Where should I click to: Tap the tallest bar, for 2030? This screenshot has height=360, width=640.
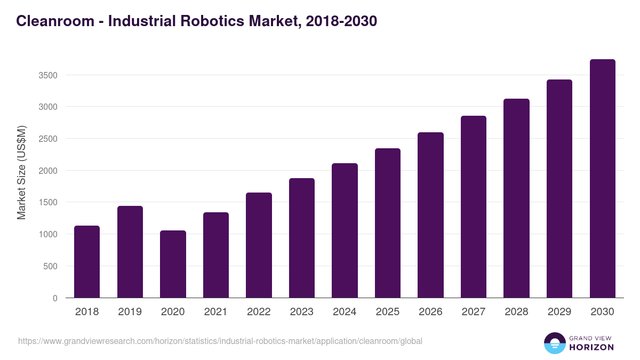[x=602, y=179]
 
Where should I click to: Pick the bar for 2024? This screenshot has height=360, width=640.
[x=345, y=230]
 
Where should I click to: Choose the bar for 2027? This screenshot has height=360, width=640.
[x=474, y=207]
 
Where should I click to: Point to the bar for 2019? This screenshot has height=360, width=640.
[x=130, y=252]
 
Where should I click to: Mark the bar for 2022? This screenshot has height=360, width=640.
[x=259, y=245]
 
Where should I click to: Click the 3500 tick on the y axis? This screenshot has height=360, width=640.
[x=47, y=75]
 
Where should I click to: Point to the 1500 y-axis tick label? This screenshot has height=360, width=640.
[x=47, y=203]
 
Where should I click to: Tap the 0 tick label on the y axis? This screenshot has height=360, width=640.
[x=55, y=298]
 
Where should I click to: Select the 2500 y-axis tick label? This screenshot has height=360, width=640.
[x=47, y=139]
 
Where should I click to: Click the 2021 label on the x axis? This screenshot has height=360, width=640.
[x=216, y=312]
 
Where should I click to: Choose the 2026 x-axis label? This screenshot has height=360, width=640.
[x=430, y=312]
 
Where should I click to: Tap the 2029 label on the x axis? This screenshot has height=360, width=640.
[x=559, y=312]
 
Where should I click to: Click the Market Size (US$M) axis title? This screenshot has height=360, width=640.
[x=21, y=173]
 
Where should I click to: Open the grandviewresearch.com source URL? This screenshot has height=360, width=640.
[x=220, y=341]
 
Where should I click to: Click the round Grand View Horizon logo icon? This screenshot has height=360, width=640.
[x=555, y=343]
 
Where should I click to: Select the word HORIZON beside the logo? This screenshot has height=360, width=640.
[x=592, y=347]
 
